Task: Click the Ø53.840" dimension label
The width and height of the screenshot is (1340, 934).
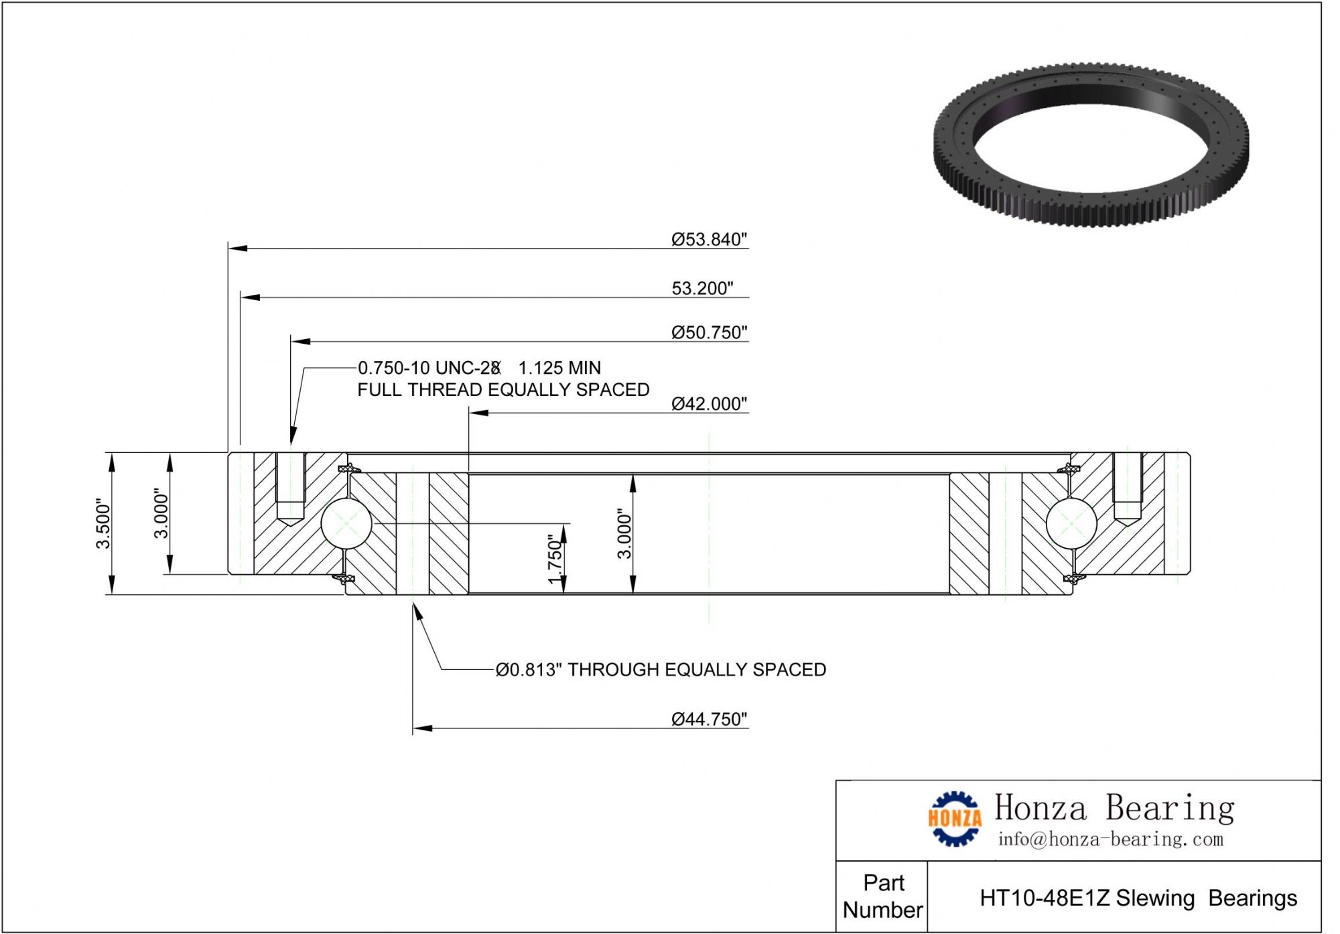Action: coord(709,239)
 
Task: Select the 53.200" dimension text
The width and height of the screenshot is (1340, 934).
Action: coord(702,288)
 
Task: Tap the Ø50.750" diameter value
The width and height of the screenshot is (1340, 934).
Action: coord(709,332)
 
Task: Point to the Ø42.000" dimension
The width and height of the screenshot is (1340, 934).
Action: coord(709,403)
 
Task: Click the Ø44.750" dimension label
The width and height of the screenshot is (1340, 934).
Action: coord(709,719)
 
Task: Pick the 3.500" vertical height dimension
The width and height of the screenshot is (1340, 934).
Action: coord(103,523)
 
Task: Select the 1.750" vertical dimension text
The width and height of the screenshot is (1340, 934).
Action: coord(555,559)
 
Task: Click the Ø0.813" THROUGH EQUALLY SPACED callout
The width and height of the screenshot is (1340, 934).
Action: coord(661,669)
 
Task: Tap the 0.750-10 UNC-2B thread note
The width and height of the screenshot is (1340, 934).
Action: coord(429,368)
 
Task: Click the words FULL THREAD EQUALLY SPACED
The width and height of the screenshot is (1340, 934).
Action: coord(503,389)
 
